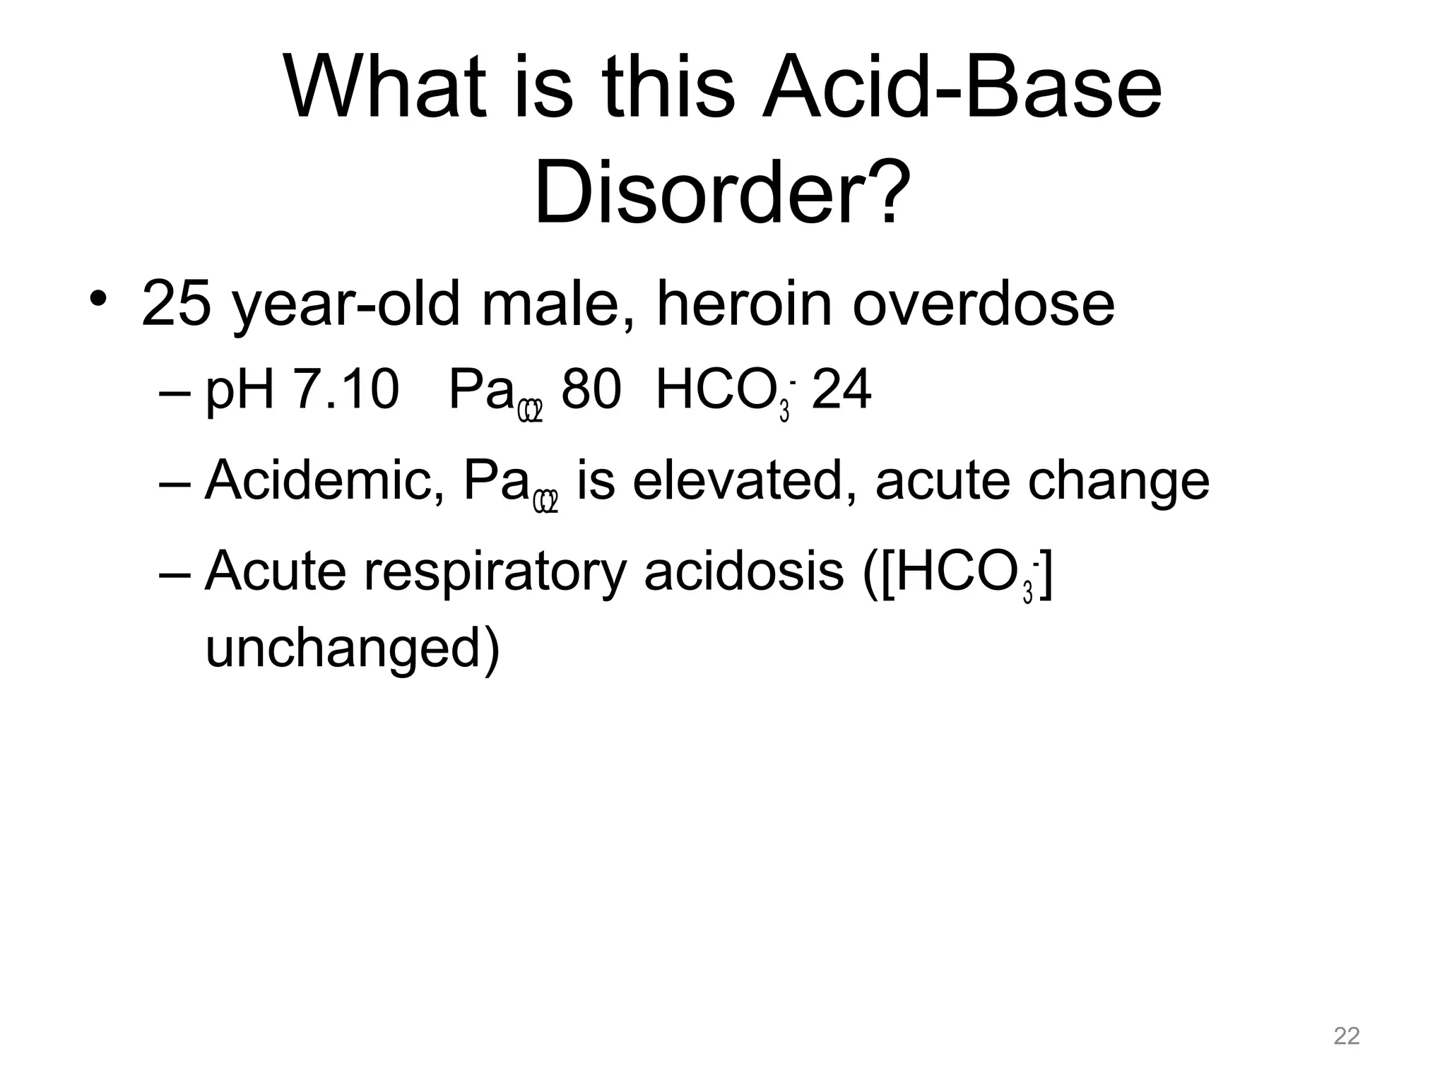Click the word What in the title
pos(386,88)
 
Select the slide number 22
pos(1347,1036)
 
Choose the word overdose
pos(984,304)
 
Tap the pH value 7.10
pos(346,390)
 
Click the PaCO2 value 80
pos(591,390)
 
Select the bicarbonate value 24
pos(841,390)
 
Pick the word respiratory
pos(495,572)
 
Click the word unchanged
pos(352,648)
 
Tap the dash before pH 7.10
pos(175,393)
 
